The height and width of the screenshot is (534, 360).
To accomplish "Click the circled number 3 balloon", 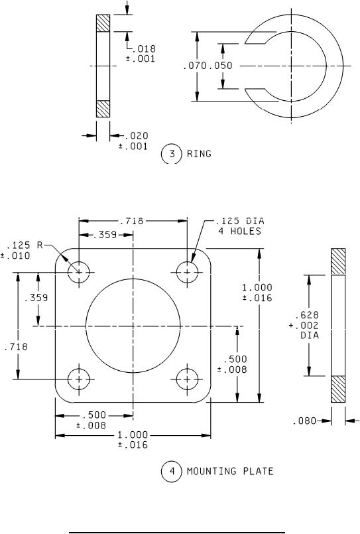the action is pos(172,154).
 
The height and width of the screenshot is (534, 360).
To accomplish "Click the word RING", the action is pos(199,154).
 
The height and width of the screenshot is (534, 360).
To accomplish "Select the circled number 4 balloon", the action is pos(172,472).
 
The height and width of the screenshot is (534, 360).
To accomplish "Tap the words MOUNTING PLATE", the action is pos(230,472).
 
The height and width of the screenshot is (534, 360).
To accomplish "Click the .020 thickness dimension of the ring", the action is pos(137,136).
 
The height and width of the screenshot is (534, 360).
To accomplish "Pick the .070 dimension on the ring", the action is pos(196,66).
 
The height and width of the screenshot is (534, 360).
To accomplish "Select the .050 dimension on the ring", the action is pos(221,66).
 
